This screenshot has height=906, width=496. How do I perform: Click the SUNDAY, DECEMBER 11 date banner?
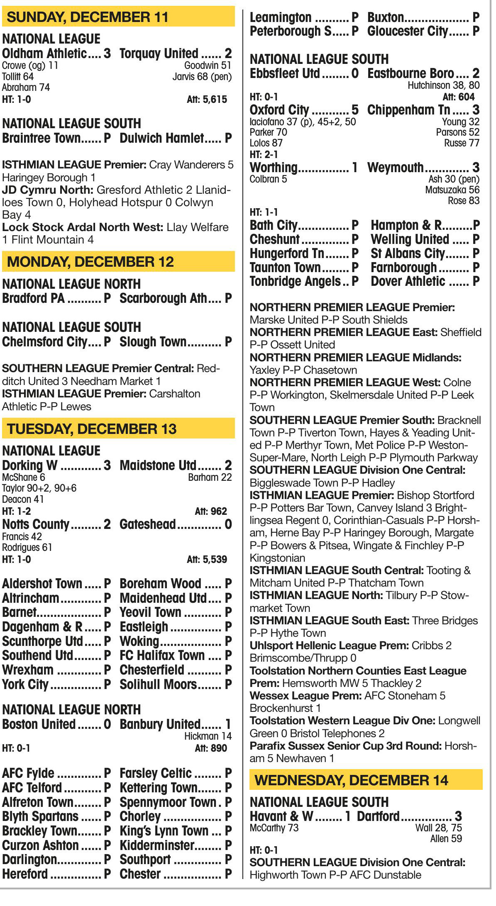pyautogui.click(x=118, y=17)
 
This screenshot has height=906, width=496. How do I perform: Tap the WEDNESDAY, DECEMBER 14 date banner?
pyautogui.click(x=365, y=780)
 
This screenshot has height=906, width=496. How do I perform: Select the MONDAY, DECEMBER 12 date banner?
pyautogui.click(x=118, y=262)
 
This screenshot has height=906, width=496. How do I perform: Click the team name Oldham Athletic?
pyautogui.click(x=44, y=54)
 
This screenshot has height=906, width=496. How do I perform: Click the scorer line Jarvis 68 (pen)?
pyautogui.click(x=202, y=77)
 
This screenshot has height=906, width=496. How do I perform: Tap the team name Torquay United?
pyautogui.click(x=159, y=54)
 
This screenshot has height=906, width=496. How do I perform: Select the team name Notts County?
pyautogui.click(x=36, y=524)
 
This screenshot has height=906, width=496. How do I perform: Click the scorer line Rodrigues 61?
pyautogui.click(x=27, y=548)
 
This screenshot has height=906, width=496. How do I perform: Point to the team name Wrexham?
pyautogui.click(x=28, y=670)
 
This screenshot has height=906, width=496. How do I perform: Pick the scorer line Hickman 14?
pyautogui.click(x=208, y=736)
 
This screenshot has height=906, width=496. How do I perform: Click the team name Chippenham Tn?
pyautogui.click(x=409, y=110)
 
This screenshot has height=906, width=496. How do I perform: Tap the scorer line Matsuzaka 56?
pyautogui.click(x=452, y=190)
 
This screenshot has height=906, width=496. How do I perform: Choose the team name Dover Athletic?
pyautogui.click(x=408, y=281)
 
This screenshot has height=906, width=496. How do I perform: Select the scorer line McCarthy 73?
pyautogui.click(x=274, y=828)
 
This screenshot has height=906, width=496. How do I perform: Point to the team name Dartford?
pyautogui.click(x=378, y=816)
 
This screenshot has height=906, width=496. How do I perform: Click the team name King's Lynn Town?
pyautogui.click(x=164, y=831)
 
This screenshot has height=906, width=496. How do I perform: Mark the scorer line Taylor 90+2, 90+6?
pyautogui.click(x=39, y=488)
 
